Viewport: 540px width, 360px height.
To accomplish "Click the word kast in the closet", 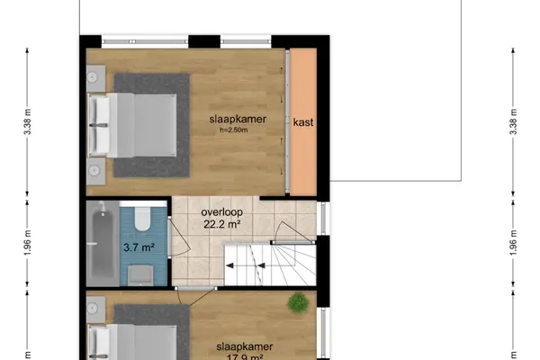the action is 303,122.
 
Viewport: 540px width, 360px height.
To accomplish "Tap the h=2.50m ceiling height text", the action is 234,130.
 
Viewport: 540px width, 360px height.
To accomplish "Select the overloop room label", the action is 222,211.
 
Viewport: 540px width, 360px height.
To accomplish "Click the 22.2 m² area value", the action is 222,224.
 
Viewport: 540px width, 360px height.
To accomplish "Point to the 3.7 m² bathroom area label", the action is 139,247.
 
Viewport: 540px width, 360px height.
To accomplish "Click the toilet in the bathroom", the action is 143,219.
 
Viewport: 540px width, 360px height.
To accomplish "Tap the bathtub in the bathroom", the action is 103,243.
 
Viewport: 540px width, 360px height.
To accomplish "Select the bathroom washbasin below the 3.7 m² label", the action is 140,274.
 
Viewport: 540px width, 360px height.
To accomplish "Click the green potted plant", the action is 298,303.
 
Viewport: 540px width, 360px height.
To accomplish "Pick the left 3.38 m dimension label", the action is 28,122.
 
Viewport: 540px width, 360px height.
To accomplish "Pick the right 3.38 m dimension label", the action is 514,122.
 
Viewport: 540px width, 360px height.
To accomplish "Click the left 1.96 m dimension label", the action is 28,243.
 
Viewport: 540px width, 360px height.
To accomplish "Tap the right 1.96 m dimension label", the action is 514,243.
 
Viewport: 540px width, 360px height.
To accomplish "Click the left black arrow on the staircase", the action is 229,265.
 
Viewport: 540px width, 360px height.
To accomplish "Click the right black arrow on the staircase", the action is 261,265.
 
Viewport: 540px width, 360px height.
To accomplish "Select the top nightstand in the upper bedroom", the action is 95,78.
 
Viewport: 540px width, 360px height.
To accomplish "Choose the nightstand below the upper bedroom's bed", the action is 95,171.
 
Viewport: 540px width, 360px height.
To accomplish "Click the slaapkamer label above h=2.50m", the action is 238,119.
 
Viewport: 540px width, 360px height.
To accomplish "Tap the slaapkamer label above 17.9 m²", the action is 245,346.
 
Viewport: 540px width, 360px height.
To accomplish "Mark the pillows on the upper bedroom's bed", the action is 99,125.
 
